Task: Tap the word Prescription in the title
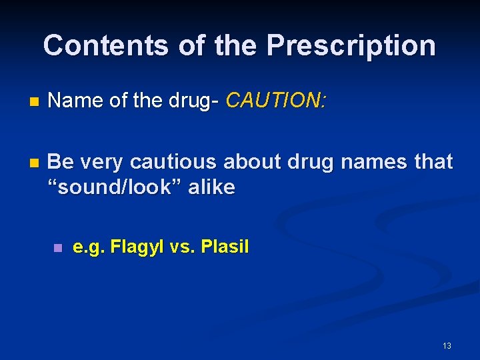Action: pyautogui.click(x=351, y=46)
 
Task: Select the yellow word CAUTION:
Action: pyautogui.click(x=276, y=101)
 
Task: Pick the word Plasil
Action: pyautogui.click(x=225, y=247)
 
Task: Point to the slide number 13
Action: pyautogui.click(x=447, y=345)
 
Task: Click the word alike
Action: pyautogui.click(x=211, y=187)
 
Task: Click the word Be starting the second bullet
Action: pyautogui.click(x=61, y=161)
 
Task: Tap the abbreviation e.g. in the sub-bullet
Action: pyautogui.click(x=89, y=247)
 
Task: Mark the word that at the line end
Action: pyautogui.click(x=433, y=161)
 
